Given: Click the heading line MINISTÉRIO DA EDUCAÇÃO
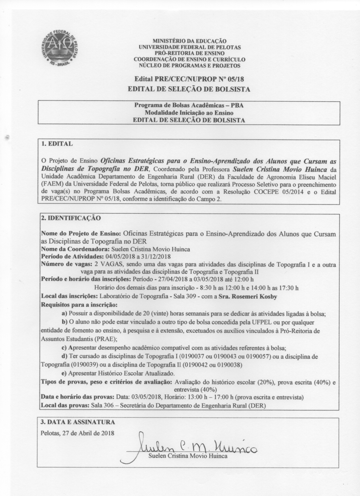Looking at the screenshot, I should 189,40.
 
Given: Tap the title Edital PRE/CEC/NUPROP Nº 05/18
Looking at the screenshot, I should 188,79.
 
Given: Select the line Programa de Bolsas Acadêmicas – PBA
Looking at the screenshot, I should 189,105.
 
